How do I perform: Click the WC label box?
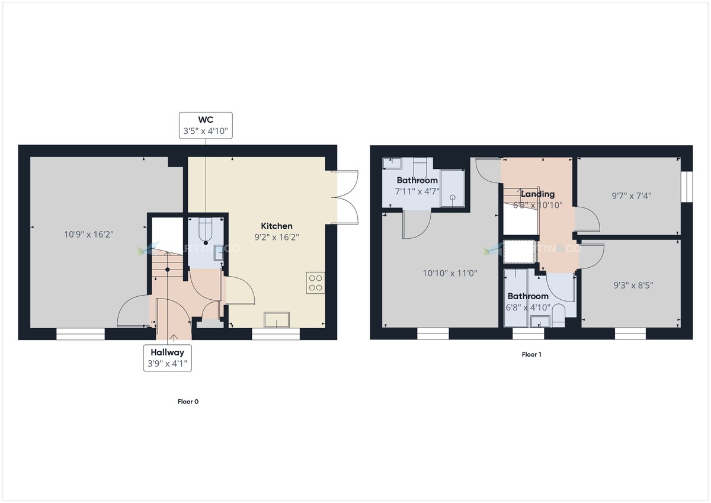(206, 126)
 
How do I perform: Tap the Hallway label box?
(169, 358)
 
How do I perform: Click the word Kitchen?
(277, 226)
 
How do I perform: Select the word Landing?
(538, 194)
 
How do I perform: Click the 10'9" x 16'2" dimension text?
(89, 234)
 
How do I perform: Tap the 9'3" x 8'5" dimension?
(629, 284)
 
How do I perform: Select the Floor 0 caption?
(188, 401)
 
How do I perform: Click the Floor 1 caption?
(531, 355)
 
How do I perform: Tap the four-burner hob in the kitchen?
(315, 282)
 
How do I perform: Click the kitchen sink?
(276, 320)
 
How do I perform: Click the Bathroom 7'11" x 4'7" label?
(417, 185)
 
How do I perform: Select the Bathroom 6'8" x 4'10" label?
(528, 301)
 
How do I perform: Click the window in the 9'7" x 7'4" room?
(686, 187)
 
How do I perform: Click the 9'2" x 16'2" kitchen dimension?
(277, 237)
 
